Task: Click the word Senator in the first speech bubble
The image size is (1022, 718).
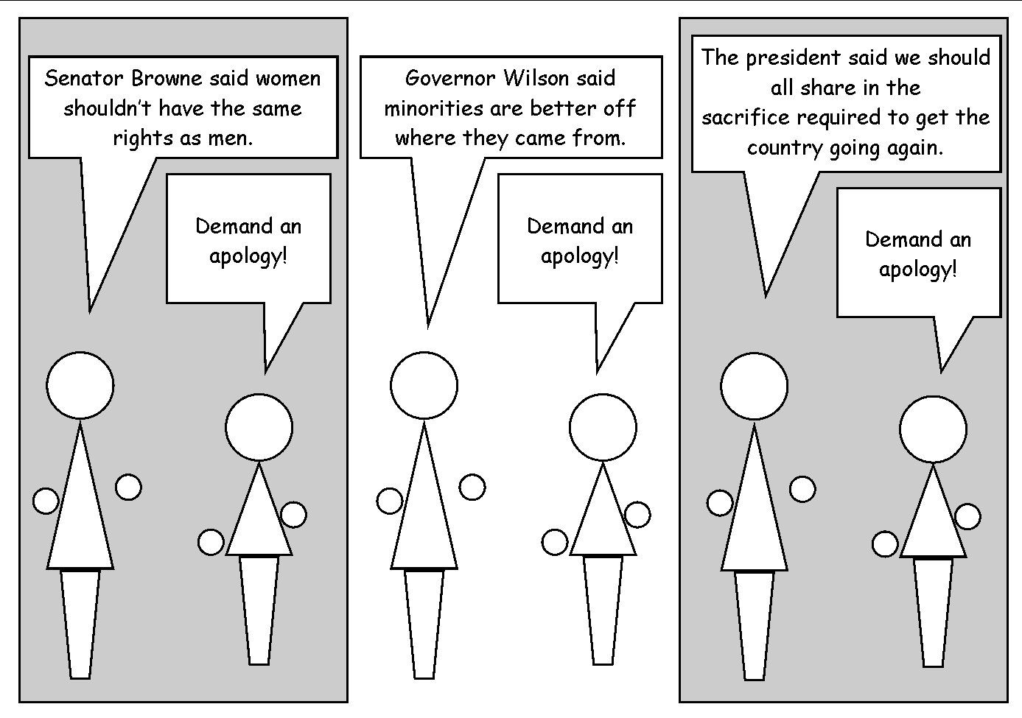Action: [x=84, y=78]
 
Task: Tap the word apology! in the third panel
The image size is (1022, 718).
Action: [x=917, y=270]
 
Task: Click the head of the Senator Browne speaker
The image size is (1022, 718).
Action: [x=80, y=385]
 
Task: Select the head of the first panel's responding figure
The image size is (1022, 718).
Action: [x=259, y=427]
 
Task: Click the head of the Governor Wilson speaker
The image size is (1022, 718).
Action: [x=424, y=385]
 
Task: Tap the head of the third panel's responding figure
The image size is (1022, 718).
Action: [x=933, y=429]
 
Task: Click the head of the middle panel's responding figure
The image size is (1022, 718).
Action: [x=602, y=427]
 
